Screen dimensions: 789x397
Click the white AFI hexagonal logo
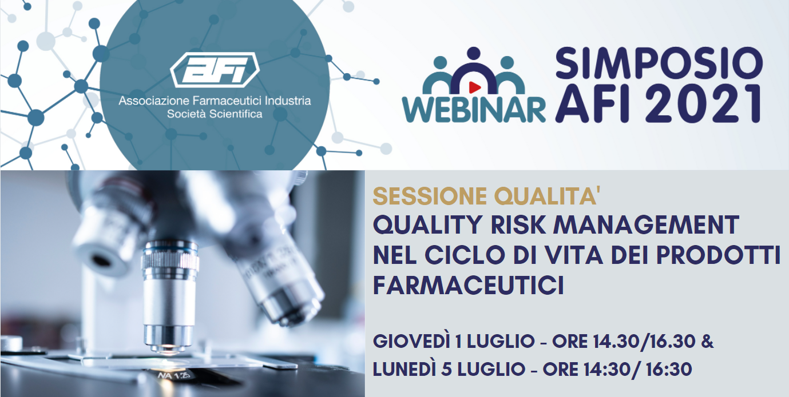point(215,69)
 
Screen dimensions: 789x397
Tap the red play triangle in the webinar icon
point(474,87)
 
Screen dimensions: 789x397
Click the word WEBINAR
point(474,109)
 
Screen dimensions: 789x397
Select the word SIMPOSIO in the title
point(659,63)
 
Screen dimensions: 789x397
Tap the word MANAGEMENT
point(646,225)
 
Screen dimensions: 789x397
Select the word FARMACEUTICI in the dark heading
point(469,285)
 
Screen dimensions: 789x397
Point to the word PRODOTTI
point(719,255)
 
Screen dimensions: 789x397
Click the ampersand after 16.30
point(707,342)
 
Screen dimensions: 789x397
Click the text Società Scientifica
point(215,114)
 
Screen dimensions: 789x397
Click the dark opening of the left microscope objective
point(103,260)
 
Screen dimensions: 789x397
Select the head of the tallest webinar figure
point(474,54)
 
